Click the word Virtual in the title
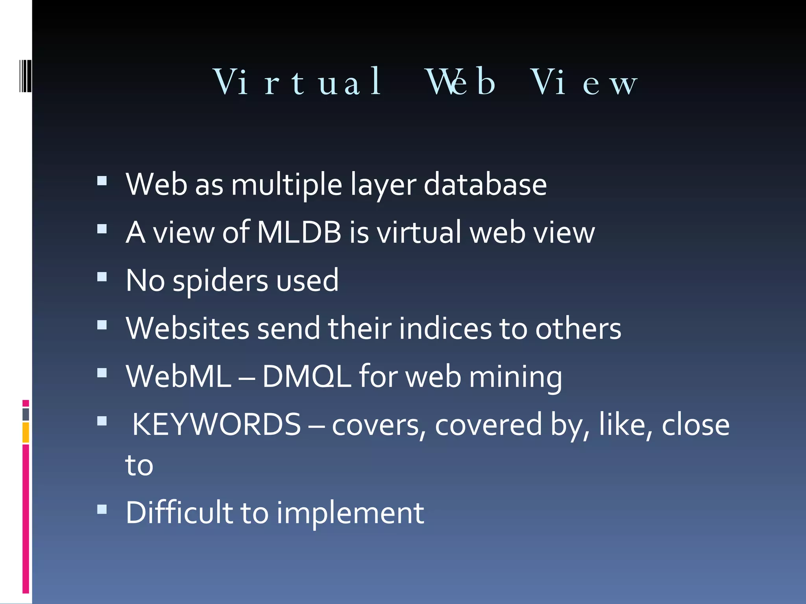pos(297,82)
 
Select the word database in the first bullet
pos(485,184)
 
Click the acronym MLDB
pos(299,232)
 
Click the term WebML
pos(178,377)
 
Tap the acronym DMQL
pos(306,377)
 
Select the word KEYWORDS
pos(216,425)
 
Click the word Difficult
pos(179,513)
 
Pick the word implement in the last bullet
pos(350,513)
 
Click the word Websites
pos(187,329)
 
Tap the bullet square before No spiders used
pos(102,277)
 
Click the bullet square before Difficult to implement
pos(102,509)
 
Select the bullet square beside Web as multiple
pos(102,180)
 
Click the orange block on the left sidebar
pos(26,433)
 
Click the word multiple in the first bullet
pos(287,184)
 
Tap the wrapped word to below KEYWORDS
pos(139,466)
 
